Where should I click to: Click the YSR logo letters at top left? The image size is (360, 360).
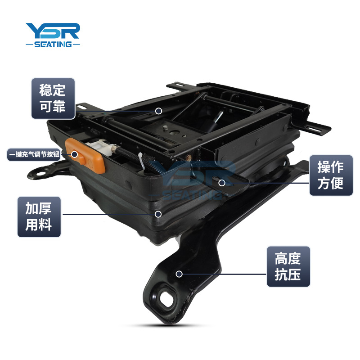(53, 31)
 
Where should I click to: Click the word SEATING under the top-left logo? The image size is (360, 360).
(53, 44)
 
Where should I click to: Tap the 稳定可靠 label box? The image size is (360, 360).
(53, 99)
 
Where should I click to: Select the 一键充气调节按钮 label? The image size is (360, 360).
(34, 154)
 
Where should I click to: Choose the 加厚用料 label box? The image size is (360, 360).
(39, 217)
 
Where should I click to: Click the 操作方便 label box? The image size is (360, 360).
(331, 175)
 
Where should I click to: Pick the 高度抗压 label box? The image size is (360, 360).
(288, 266)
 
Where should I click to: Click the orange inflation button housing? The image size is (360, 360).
(85, 156)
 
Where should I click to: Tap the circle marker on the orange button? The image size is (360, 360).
(74, 154)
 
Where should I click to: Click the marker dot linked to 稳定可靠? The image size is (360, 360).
(158, 111)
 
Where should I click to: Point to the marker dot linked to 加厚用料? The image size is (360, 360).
(158, 214)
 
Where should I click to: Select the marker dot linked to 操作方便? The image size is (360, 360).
(221, 183)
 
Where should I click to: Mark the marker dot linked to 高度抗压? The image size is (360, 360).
(179, 274)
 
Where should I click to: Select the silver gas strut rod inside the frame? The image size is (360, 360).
(219, 117)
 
